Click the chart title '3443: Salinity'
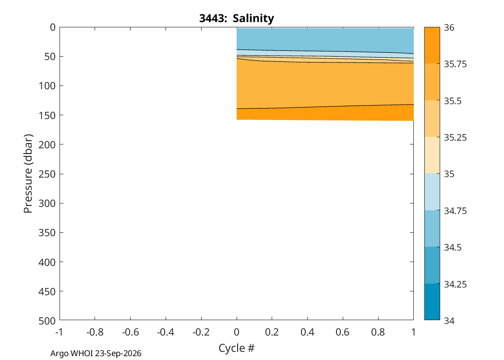coord(237,18)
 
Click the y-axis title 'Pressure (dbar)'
coord(28,174)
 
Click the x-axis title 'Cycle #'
coord(237,348)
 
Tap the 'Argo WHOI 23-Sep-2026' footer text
coord(96,353)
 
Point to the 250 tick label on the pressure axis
coord(47,174)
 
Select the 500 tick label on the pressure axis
coord(47,321)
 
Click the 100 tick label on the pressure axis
coord(47,86)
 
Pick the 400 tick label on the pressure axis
coord(47,262)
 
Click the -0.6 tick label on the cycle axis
coord(130,332)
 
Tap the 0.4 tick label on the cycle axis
coord(307,332)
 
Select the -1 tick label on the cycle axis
coord(59,332)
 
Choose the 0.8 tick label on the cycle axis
coord(378,332)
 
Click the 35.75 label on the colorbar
coord(455,64)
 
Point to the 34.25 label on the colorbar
coord(455,284)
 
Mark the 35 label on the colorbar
coord(449,174)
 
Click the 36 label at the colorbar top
coord(449,28)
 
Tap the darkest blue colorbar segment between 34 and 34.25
coord(432,301)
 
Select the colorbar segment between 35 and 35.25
coord(432,155)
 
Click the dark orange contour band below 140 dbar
coord(325,114)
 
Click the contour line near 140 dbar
coord(325,107)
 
